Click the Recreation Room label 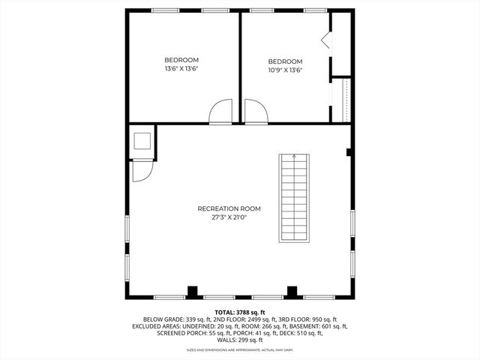click(229, 208)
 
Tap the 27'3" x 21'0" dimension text click(229, 217)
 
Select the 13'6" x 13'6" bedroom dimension click(181, 68)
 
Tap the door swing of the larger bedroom click(220, 113)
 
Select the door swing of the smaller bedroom click(256, 113)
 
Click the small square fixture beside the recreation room click(142, 142)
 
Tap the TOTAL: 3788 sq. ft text click(240, 311)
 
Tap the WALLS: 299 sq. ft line click(240, 340)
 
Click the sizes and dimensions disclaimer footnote click(240, 349)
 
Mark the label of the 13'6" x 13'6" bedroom click(181, 60)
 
